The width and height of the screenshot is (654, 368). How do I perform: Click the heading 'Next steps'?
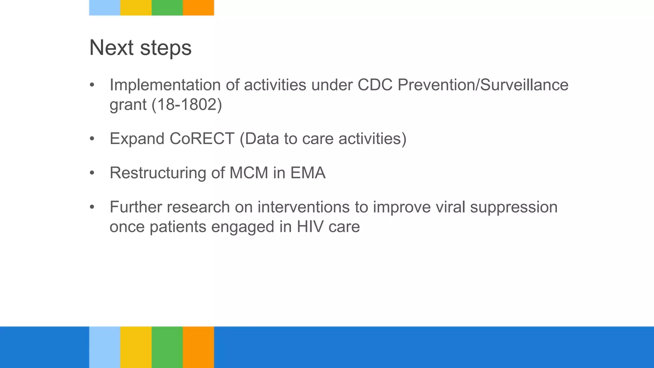click(x=140, y=48)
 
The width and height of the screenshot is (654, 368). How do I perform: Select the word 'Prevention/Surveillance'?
click(x=483, y=85)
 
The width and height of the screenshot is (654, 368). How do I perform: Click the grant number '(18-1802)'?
click(x=187, y=104)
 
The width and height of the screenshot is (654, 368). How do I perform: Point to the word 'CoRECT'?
click(x=202, y=139)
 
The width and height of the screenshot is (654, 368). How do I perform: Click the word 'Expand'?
click(x=137, y=139)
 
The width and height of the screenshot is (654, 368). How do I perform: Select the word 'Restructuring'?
click(x=158, y=173)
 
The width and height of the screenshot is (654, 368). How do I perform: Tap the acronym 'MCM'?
click(x=249, y=173)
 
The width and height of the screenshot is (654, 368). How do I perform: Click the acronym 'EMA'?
click(x=308, y=173)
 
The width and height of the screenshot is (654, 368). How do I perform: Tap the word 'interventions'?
click(x=303, y=207)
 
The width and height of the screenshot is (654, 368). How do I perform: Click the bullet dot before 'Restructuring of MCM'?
click(x=92, y=173)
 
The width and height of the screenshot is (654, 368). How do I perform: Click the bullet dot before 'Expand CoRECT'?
click(x=92, y=139)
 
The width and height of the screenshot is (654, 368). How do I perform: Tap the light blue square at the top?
click(x=104, y=8)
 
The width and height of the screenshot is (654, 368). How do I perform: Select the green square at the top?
click(x=167, y=8)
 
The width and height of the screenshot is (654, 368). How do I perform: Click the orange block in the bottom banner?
click(x=198, y=347)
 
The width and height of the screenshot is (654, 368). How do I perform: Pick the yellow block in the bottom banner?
click(x=136, y=347)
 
